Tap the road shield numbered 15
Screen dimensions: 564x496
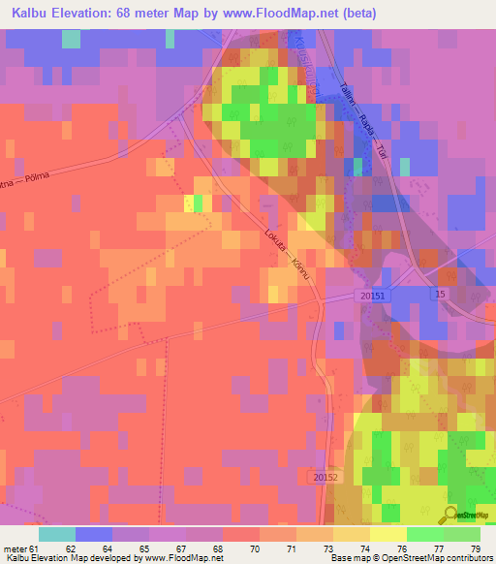(440, 294)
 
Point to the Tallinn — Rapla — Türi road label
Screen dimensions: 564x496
(362, 115)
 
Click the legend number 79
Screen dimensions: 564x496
(475, 548)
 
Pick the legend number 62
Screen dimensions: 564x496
(70, 548)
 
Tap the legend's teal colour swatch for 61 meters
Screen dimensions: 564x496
(56, 534)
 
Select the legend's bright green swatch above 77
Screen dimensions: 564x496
(424, 534)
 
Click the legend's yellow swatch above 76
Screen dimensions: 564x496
(387, 534)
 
